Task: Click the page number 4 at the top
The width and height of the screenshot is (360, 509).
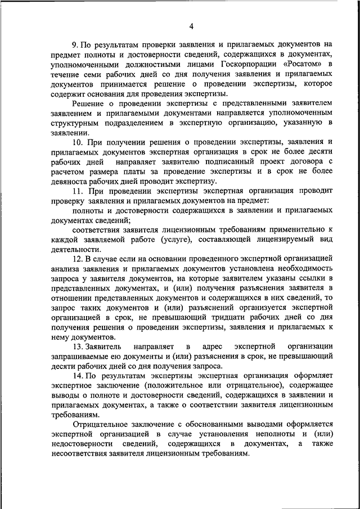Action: tap(191, 26)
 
